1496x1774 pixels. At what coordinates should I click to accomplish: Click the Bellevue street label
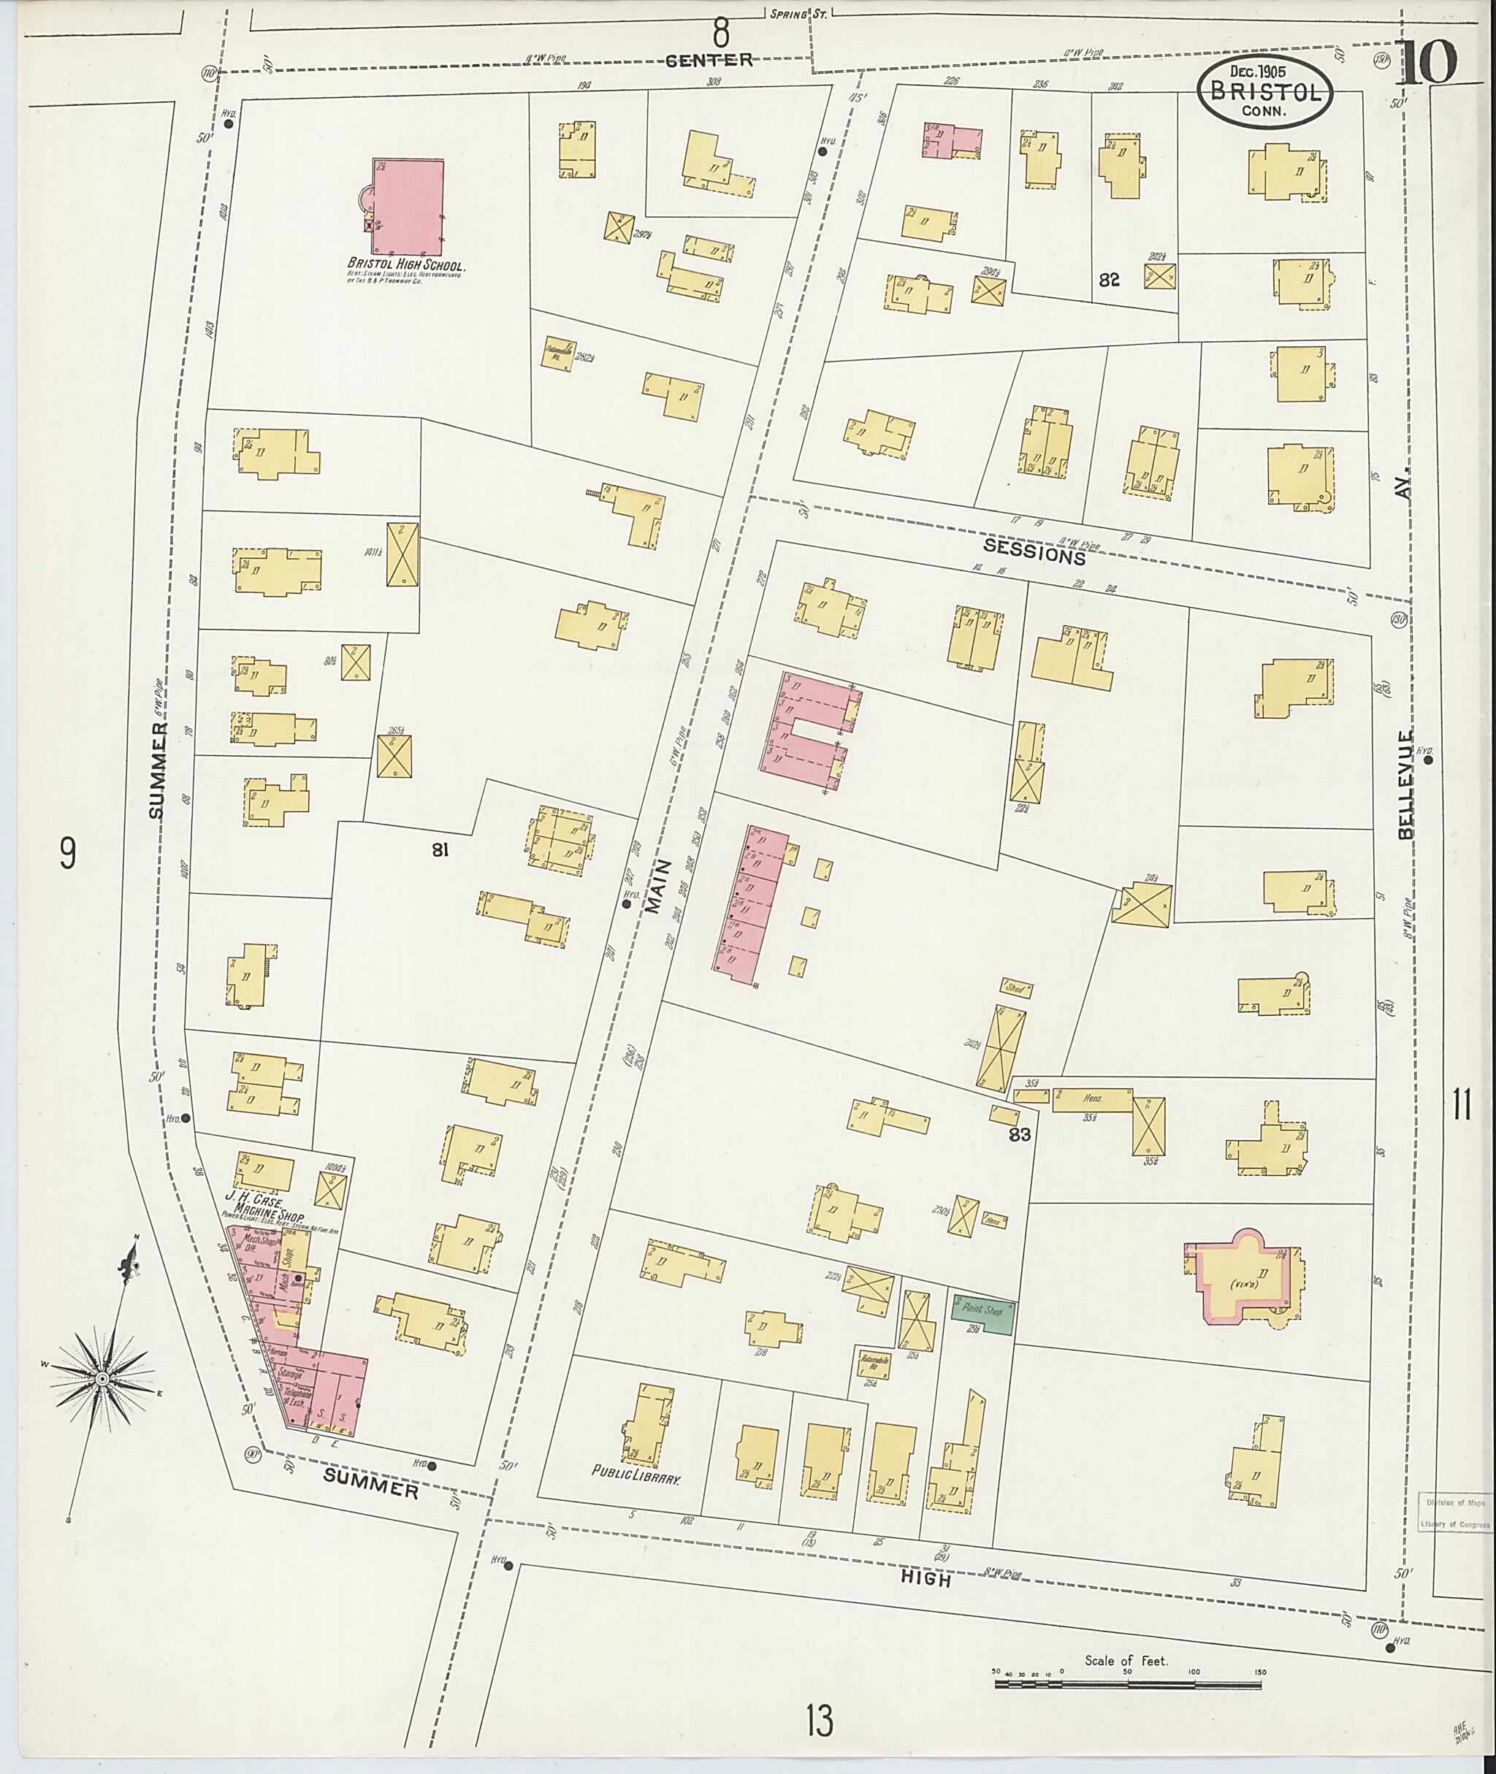[1407, 784]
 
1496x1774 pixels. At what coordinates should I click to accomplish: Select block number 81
[439, 849]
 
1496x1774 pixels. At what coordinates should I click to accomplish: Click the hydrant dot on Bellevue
[1428, 760]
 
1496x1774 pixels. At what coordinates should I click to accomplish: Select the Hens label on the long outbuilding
[1091, 1097]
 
